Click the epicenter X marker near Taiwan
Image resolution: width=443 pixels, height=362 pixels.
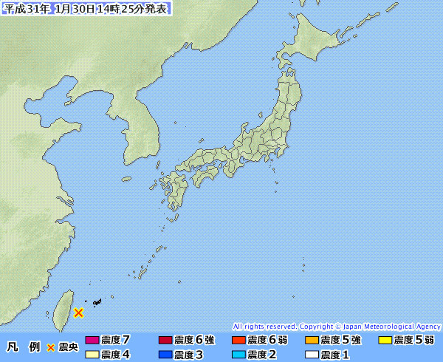(78, 313)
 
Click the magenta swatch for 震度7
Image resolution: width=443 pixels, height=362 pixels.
(92, 341)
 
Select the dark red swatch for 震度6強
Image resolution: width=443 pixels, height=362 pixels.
(165, 341)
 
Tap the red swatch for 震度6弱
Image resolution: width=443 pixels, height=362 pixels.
(238, 341)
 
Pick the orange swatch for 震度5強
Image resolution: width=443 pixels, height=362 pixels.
(312, 341)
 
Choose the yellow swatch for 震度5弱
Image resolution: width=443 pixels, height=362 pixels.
(385, 341)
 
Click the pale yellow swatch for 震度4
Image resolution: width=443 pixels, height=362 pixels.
(92, 355)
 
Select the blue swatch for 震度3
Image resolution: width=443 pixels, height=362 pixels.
(165, 355)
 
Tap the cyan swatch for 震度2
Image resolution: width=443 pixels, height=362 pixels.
(238, 355)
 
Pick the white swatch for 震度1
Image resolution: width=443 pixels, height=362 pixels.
(312, 355)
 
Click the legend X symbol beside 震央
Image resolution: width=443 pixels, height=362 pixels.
(50, 347)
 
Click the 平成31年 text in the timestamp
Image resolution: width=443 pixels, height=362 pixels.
(26, 9)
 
